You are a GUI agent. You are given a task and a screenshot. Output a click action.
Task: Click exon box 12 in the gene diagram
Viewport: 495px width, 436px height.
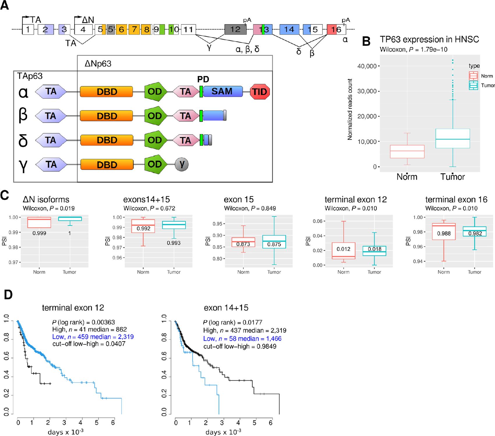point(235,29)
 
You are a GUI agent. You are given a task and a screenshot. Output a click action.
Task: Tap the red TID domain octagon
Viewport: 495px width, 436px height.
point(260,92)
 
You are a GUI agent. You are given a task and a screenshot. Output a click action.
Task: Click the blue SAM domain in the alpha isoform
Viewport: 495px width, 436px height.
point(222,91)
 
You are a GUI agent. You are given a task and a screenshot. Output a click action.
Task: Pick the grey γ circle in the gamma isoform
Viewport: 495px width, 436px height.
point(182,164)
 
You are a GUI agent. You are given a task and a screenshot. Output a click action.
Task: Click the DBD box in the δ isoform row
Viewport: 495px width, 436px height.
point(107,140)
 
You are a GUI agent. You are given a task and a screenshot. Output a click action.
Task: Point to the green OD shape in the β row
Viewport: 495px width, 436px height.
point(155,116)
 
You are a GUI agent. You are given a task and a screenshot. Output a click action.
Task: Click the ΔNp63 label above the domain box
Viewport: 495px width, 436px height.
point(98,64)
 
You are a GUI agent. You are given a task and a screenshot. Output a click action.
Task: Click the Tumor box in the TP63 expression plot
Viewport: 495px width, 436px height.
point(453,139)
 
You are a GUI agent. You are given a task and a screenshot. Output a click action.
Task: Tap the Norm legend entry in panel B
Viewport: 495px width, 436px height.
point(480,76)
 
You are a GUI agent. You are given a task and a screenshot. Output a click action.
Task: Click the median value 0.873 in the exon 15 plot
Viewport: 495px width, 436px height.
point(243,244)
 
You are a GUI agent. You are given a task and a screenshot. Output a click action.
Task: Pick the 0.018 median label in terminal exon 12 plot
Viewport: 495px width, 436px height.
point(374,249)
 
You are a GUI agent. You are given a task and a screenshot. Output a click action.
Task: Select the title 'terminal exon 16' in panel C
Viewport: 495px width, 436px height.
point(456,199)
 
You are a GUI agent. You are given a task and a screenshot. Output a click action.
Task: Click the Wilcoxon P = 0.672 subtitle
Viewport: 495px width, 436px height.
point(149,208)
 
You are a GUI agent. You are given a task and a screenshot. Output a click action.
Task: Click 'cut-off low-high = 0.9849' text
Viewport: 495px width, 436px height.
point(240,346)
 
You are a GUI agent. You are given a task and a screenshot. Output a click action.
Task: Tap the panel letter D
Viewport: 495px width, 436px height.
point(8,295)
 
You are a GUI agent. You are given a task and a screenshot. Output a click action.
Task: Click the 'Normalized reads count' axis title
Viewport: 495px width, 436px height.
point(350,109)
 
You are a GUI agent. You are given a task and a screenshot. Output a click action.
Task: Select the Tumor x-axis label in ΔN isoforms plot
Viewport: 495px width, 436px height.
point(69,272)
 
